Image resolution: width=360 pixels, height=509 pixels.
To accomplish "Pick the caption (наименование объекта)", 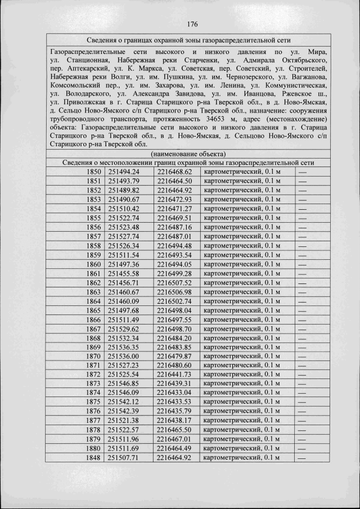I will (x=189, y=154).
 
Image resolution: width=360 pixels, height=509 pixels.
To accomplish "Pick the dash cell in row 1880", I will (x=303, y=448).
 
